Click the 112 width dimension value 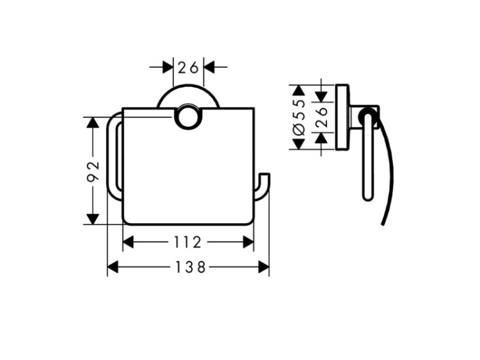pos(188,242)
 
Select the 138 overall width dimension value pos(190,268)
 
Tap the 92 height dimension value pos(93,171)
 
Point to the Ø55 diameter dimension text pos(299,118)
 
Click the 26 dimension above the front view pos(188,68)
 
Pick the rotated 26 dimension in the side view pos(321,117)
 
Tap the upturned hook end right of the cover pos(262,187)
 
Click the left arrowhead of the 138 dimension pos(113,267)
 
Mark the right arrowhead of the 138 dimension pos(264,267)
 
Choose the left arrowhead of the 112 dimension pos(128,242)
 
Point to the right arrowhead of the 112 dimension pos(248,242)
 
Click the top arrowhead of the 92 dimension pos(93,122)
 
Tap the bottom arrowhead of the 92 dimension pos(93,219)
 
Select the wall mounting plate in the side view pos(342,117)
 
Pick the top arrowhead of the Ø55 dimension pos(299,91)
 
